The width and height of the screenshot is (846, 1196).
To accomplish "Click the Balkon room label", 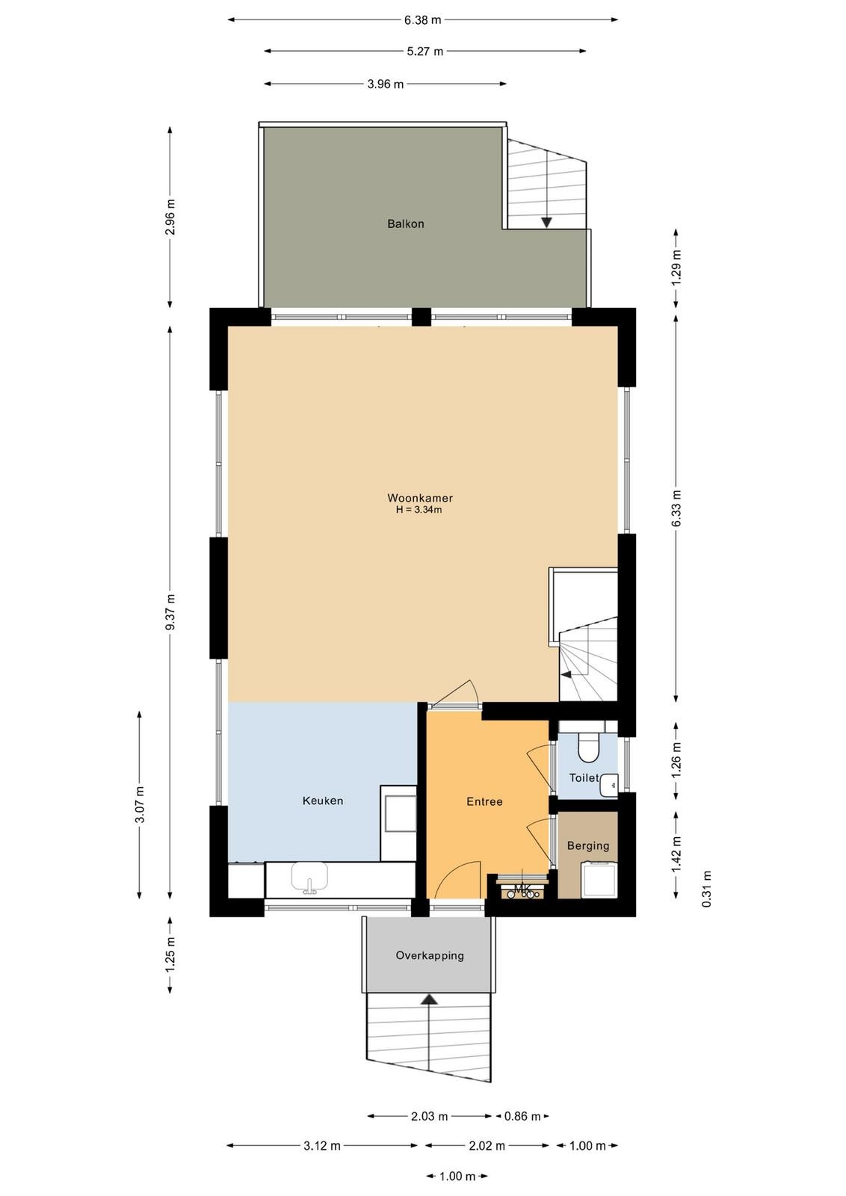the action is coord(406,224).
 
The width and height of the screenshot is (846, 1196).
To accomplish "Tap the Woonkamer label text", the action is coord(420,498).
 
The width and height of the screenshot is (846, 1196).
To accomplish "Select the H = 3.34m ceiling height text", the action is coord(419,510).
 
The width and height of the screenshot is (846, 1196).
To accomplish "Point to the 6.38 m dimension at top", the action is coord(423,20).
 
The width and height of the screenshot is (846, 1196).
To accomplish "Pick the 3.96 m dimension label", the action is coord(386,84).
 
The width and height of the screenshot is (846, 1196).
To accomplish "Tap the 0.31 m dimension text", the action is coord(707,889).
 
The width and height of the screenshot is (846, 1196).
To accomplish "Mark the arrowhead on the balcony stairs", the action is coord(546,222).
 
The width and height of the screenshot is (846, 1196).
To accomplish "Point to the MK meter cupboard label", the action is coord(522,890).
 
